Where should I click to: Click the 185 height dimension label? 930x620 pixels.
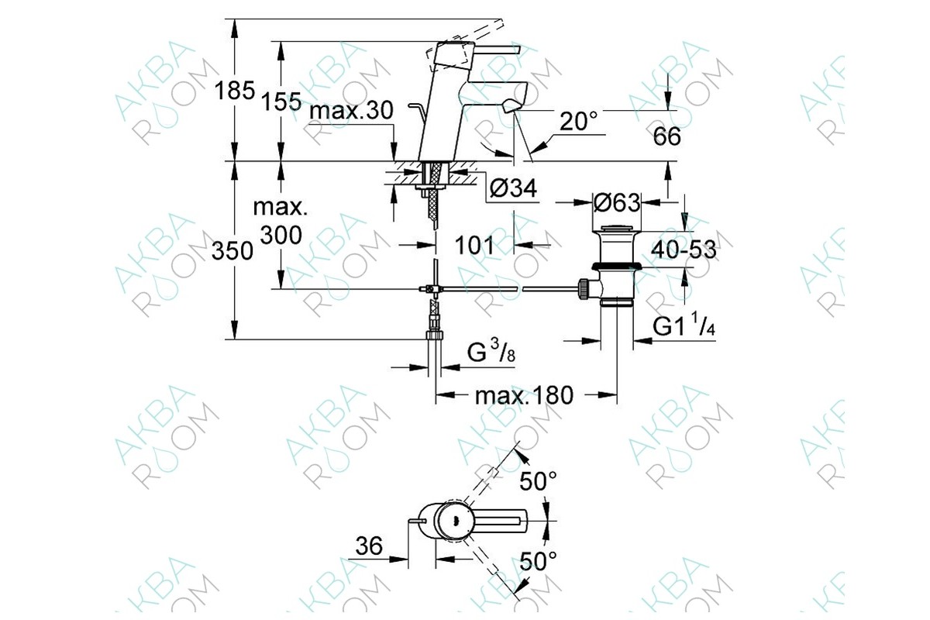(x=234, y=91)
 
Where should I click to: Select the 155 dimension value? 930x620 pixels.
(x=281, y=102)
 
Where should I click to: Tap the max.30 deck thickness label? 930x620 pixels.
(x=351, y=111)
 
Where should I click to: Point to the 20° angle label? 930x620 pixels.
(x=578, y=121)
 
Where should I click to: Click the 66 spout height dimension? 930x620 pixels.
(x=666, y=136)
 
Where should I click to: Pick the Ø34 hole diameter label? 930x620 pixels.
(x=513, y=188)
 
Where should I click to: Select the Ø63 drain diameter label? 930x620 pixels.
(x=617, y=202)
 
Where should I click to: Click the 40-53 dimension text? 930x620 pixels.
(x=684, y=250)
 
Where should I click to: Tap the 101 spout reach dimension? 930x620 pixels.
(x=474, y=245)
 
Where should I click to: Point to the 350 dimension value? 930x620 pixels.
(x=232, y=251)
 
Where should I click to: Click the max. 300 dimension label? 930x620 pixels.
(x=281, y=222)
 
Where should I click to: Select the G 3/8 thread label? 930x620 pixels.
(x=491, y=351)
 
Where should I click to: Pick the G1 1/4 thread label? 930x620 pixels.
(x=684, y=324)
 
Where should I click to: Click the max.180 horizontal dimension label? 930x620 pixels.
(x=524, y=395)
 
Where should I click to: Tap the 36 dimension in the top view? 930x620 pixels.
(x=369, y=546)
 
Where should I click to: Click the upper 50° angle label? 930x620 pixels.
(x=538, y=481)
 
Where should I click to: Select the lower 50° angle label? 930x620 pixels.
(x=538, y=561)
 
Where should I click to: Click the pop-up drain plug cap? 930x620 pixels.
(x=617, y=229)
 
